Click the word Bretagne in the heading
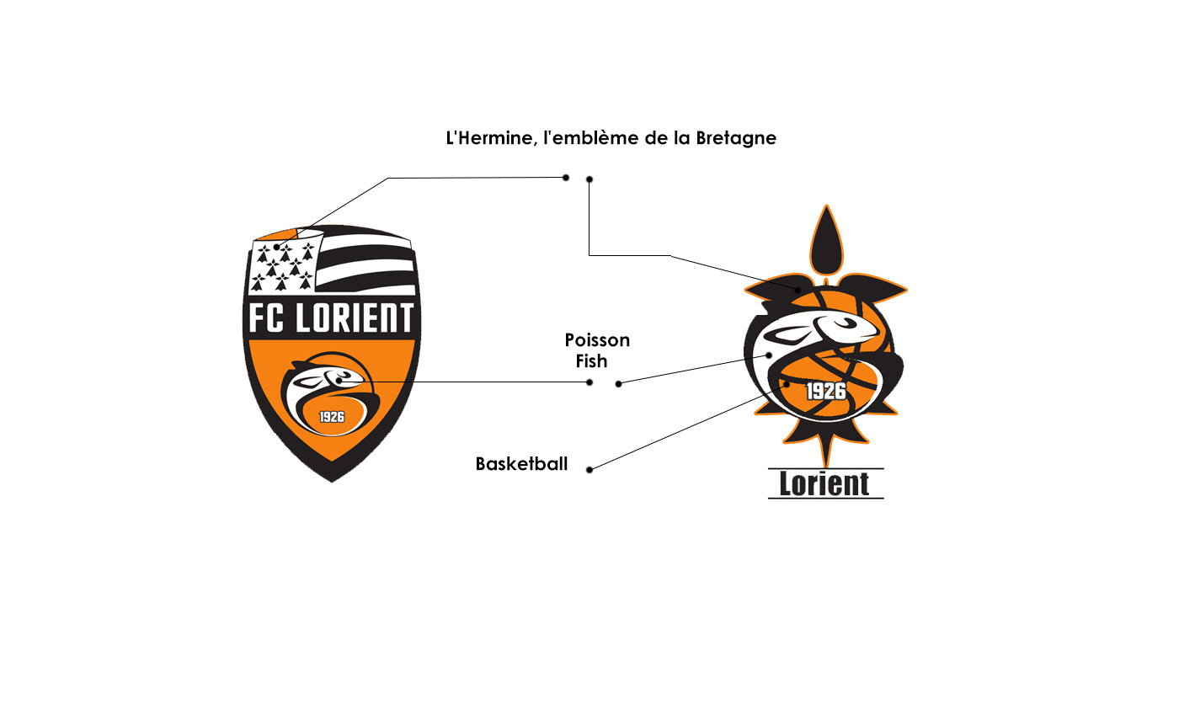click(736, 138)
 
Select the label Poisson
click(597, 341)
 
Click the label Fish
click(591, 362)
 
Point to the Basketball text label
click(521, 464)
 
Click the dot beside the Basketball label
click(589, 470)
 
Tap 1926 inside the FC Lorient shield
click(332, 416)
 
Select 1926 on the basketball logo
click(825, 391)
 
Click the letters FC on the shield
click(269, 318)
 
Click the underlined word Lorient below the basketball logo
click(824, 484)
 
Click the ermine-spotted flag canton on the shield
click(283, 264)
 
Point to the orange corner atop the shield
click(279, 234)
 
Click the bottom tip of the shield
click(332, 478)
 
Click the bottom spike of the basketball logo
click(826, 455)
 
